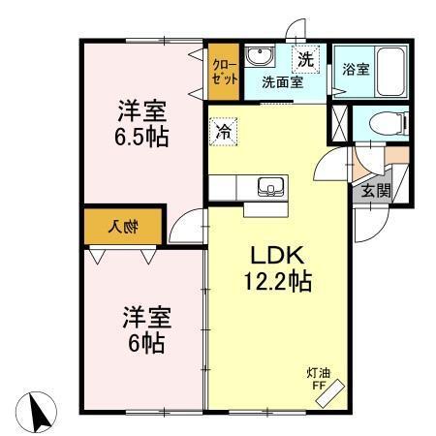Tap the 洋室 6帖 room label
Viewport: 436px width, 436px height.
click(x=142, y=328)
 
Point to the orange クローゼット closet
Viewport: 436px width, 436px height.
click(x=224, y=71)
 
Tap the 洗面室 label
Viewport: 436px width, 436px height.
click(x=282, y=82)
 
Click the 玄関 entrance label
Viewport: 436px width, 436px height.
click(x=377, y=190)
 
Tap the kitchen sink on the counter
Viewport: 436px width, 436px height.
click(x=266, y=186)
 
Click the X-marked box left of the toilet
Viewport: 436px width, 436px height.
click(x=338, y=124)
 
